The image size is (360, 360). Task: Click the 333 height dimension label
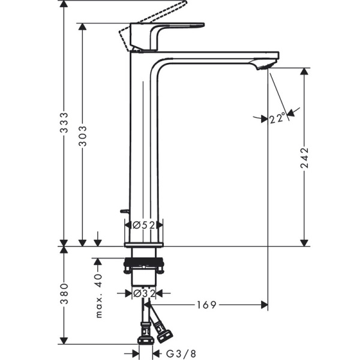click(65, 124)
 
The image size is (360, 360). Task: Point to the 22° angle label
click(277, 119)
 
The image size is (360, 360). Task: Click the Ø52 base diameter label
click(144, 225)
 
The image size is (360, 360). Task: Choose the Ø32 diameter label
click(144, 293)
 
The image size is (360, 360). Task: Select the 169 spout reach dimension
click(206, 305)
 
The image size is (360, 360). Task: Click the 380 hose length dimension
click(65, 295)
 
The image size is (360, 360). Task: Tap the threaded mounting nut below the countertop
click(144, 265)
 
